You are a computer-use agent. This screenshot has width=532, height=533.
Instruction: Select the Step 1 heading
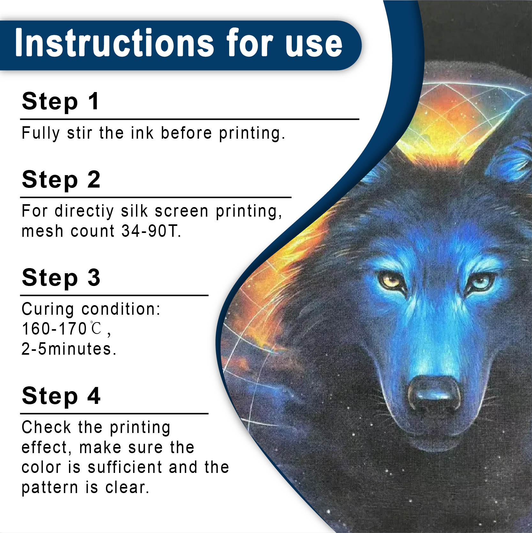[60, 102]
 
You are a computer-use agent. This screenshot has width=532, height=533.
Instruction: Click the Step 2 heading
[61, 180]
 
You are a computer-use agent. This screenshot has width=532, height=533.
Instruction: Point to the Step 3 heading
[61, 278]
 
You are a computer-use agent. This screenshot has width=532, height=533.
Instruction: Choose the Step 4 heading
[61, 396]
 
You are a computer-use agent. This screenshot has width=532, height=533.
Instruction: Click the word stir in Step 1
[79, 133]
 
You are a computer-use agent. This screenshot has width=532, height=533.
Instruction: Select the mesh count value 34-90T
[151, 231]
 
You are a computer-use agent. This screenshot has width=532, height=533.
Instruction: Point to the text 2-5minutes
[69, 349]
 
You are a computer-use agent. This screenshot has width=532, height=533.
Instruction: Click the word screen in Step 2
[181, 212]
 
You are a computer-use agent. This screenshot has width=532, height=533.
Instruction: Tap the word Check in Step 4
[47, 428]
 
